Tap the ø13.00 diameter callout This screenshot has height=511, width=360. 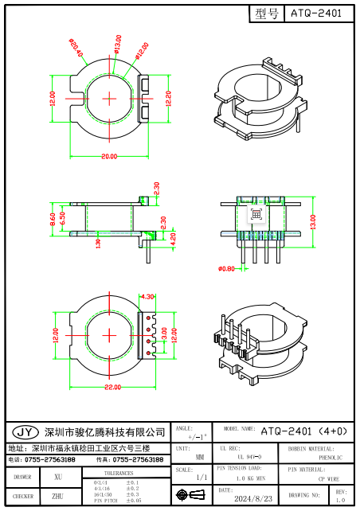click(117, 44)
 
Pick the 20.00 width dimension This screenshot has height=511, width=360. click(108, 156)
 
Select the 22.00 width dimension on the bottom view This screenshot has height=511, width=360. click(112, 387)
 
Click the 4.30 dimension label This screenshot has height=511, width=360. click(147, 297)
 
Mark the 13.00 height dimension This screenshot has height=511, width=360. click(313, 218)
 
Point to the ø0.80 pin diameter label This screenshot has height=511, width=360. click(226, 268)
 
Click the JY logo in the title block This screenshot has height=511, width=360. click(25, 432)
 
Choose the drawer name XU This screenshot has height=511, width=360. click(57, 477)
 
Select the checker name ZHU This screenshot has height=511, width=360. click(57, 497)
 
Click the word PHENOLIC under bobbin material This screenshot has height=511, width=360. click(331, 458)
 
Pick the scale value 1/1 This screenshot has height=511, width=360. click(202, 477)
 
